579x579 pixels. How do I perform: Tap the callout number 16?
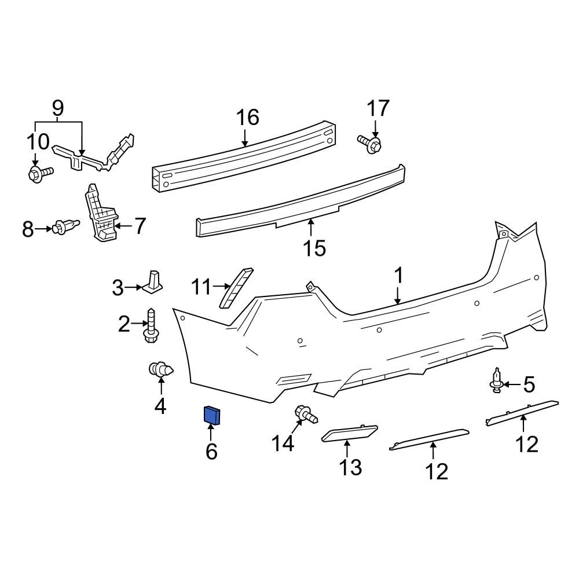point(247,118)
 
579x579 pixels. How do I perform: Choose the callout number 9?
point(58,108)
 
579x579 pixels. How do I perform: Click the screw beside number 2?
point(152,325)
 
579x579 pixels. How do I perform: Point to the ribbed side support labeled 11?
point(236,288)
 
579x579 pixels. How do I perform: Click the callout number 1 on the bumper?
point(398,276)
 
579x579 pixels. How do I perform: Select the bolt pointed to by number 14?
point(306,415)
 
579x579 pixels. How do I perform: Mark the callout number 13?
point(350,466)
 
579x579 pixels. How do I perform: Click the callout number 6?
point(211,450)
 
